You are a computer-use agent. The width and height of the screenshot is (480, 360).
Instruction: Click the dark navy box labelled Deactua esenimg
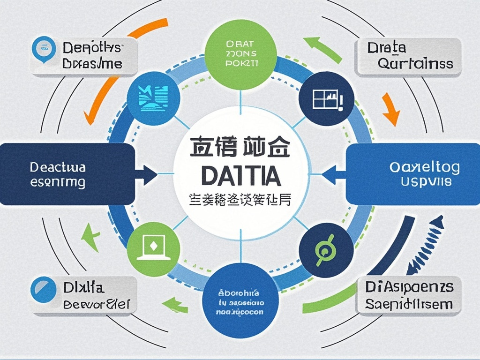tap(67, 174)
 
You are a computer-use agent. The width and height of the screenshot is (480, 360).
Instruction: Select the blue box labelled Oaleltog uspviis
tap(412, 174)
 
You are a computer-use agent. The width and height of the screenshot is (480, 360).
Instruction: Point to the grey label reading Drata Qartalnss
tap(408, 56)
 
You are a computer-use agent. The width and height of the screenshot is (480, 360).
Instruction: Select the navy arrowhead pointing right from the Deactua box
tap(149, 174)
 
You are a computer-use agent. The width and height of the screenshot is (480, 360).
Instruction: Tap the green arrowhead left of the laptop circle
tap(92, 234)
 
